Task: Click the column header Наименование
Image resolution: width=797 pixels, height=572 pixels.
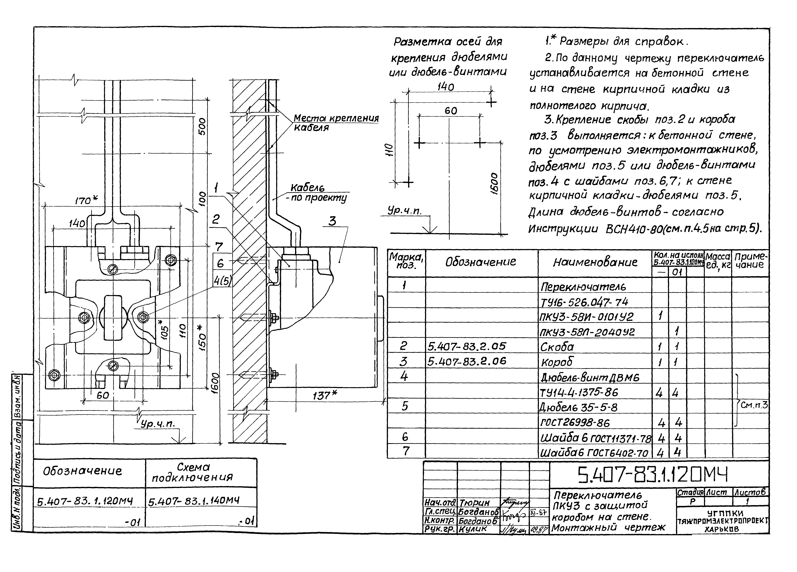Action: [x=595, y=262]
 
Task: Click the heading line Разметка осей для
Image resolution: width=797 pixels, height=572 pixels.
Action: [x=448, y=42]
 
